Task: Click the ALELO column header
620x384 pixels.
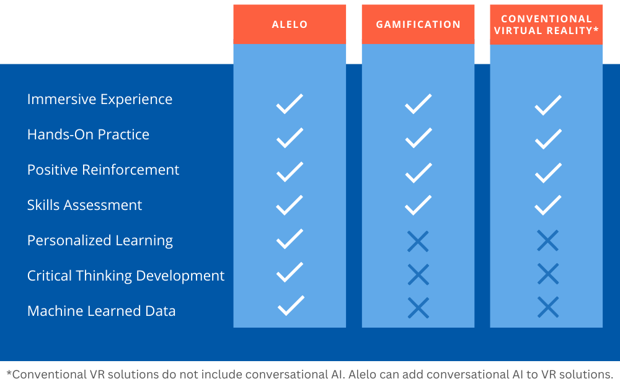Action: tap(290, 25)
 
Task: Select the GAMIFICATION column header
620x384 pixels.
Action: tap(418, 25)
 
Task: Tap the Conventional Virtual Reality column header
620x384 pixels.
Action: tap(546, 25)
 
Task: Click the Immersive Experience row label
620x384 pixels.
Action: tap(100, 100)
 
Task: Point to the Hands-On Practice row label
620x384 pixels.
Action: tap(88, 135)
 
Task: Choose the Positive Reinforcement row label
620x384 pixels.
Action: tap(103, 170)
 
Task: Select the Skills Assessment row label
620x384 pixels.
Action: tap(84, 205)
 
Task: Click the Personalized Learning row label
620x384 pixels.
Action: tap(100, 240)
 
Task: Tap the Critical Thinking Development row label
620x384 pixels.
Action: tap(126, 276)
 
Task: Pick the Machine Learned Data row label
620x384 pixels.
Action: tap(101, 311)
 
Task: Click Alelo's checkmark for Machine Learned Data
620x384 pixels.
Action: tap(291, 306)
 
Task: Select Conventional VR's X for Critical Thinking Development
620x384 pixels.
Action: tap(548, 274)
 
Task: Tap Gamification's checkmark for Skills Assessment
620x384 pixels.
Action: tap(418, 205)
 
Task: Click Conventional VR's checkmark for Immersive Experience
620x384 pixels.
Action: tap(548, 105)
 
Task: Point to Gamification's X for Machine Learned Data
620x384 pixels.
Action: tap(418, 308)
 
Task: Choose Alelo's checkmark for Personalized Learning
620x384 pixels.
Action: tap(290, 238)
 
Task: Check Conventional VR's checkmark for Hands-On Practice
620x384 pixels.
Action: tap(548, 139)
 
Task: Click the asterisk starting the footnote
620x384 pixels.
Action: tap(9, 373)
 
